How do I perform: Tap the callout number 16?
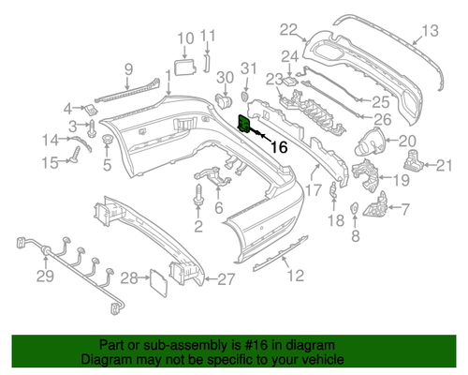[x=279, y=146]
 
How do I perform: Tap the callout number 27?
[x=227, y=278]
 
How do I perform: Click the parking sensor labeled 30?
[x=224, y=100]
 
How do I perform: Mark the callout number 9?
[x=128, y=67]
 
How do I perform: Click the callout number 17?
[x=302, y=188]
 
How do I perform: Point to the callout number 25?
[x=379, y=100]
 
